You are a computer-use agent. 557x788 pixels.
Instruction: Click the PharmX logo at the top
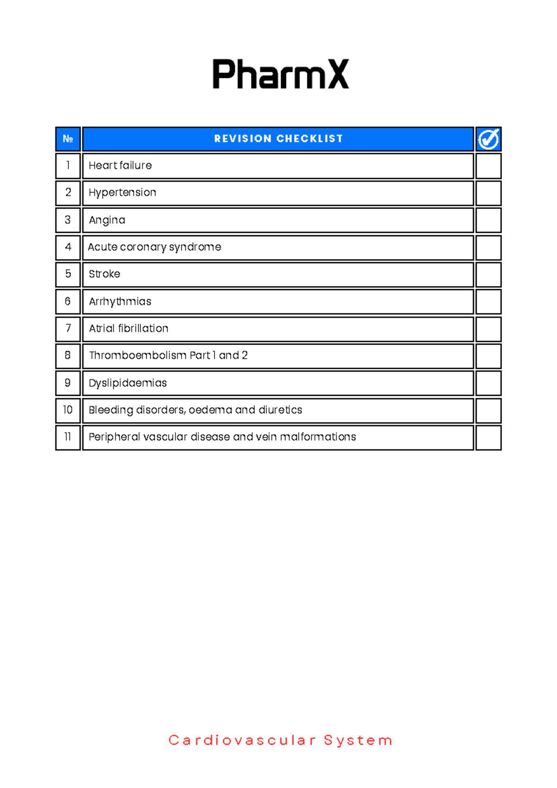coord(280,74)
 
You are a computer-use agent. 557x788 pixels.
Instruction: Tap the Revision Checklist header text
coord(278,139)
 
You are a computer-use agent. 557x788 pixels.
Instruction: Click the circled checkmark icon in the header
coord(488,139)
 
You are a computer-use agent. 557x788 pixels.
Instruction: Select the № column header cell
coord(68,139)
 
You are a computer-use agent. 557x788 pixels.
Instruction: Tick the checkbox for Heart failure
coord(488,166)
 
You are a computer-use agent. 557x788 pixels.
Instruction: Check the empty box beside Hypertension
coord(488,193)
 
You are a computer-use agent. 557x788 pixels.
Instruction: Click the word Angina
coord(107,220)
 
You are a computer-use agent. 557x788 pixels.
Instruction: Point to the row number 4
coord(68,247)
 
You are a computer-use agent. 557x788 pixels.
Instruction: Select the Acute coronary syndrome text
coord(154,247)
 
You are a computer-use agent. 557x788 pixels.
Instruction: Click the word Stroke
coord(104,274)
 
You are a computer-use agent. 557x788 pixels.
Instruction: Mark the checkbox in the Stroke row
coord(488,275)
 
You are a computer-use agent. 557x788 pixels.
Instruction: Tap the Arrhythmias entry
coord(120,302)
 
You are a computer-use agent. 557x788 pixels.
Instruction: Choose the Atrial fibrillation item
coord(129,329)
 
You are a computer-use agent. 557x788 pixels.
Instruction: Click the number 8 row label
coord(68,355)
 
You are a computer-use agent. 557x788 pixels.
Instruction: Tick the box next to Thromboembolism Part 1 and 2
coord(488,356)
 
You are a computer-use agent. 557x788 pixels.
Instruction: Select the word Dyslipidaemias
coord(128,383)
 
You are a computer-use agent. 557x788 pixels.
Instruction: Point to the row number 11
coord(68,437)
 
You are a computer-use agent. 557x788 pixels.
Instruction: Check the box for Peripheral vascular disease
coord(488,438)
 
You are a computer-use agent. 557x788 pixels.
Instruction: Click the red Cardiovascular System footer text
coord(280,740)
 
